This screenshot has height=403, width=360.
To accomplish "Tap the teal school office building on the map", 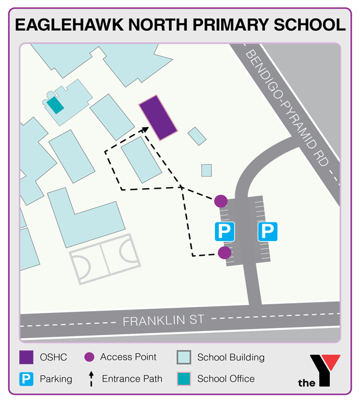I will [55, 105].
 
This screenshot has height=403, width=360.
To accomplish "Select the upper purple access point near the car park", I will [221, 201].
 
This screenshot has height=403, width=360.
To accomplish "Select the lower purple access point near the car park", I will [224, 253].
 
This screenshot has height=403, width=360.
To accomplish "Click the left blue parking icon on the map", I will [225, 232].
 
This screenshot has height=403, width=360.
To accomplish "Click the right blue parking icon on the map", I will [268, 232].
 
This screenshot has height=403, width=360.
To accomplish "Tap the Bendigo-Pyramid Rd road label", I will [290, 114].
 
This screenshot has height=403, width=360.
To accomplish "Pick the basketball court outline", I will [105, 258].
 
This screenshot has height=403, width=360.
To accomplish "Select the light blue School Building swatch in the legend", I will [184, 357].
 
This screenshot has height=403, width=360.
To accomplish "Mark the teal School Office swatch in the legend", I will [184, 379].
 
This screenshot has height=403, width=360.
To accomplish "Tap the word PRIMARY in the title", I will [229, 25].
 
